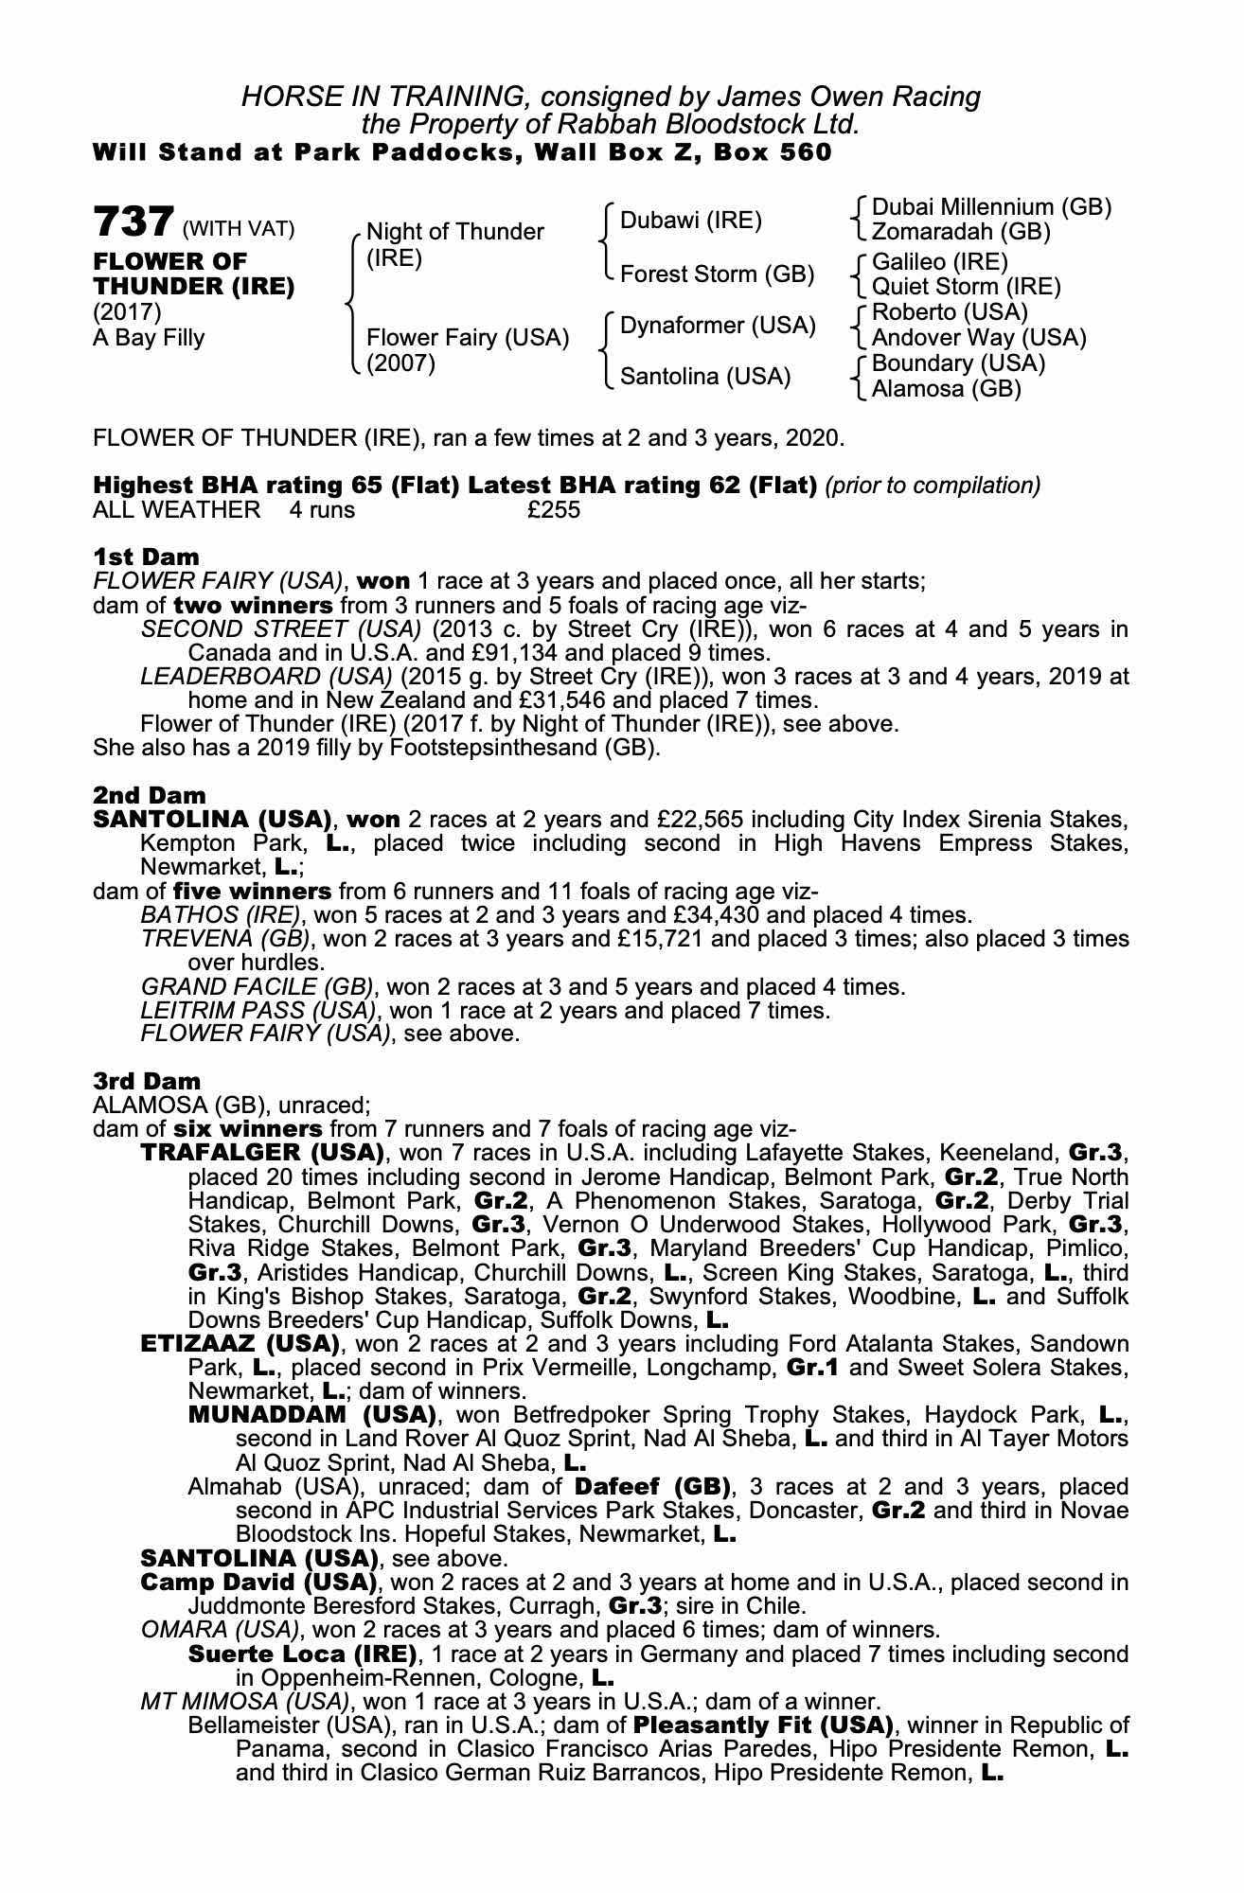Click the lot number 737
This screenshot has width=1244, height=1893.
[x=133, y=222]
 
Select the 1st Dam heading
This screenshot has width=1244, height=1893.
[x=146, y=557]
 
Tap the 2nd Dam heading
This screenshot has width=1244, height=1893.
[x=149, y=795]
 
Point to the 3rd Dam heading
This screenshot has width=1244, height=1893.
[x=147, y=1081]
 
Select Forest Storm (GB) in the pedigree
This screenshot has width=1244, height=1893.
[x=717, y=274]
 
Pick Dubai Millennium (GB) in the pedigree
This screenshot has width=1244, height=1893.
[x=991, y=207]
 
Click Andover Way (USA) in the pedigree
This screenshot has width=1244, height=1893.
[x=979, y=338]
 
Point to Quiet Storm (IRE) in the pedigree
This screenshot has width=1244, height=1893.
[x=966, y=287]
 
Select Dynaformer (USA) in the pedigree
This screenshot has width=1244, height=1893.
[x=717, y=326]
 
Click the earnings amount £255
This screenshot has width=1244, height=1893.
[x=554, y=510]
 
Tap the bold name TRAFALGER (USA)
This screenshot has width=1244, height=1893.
[x=262, y=1153]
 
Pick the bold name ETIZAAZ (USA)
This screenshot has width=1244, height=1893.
[x=240, y=1344]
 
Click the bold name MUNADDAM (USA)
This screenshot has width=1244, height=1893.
[x=312, y=1415]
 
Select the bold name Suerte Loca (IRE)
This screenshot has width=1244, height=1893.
[x=303, y=1654]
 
